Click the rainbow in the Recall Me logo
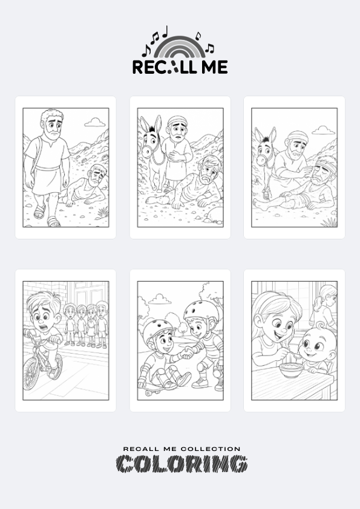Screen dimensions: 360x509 click(x=179, y=41)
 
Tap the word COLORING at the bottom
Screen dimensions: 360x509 click(x=182, y=464)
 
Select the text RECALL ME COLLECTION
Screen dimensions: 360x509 click(x=182, y=449)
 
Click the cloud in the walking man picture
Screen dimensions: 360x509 click(x=94, y=122)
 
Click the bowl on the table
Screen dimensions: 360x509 click(x=292, y=370)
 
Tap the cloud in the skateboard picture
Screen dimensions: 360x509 click(x=160, y=299)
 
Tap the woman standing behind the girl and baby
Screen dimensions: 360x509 click(x=324, y=308)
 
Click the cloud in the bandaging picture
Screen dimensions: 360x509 click(x=323, y=131)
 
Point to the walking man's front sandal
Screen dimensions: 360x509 click(x=53, y=222)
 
